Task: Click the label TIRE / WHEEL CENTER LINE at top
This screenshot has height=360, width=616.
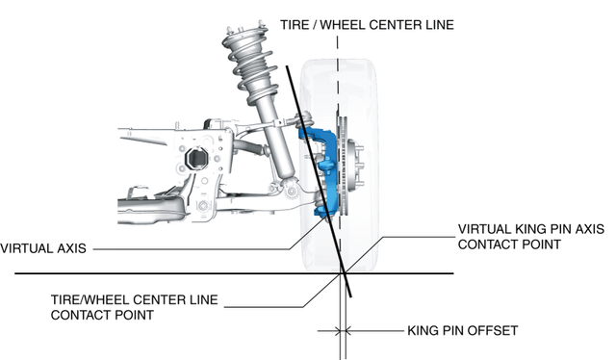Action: (367, 25)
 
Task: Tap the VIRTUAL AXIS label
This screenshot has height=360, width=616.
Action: (43, 248)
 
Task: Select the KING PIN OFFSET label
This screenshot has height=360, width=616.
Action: (462, 330)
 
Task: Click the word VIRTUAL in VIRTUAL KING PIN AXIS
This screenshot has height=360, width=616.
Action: (483, 229)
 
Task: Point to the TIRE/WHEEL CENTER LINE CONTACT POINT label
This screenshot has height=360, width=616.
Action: (134, 307)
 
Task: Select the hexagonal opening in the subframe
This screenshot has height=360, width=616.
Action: (197, 159)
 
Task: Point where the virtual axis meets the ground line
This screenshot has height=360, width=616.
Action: (345, 273)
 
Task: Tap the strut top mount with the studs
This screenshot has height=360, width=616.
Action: (244, 31)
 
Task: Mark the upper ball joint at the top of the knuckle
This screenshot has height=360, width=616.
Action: (305, 116)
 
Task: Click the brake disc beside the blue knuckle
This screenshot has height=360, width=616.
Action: (343, 165)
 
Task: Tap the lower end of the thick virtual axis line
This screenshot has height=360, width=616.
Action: (351, 297)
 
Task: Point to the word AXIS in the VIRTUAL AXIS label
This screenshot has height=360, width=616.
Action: (71, 248)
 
